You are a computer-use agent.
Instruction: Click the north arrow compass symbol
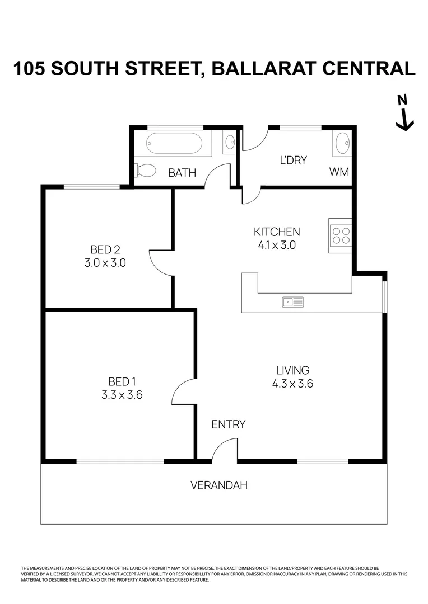404,114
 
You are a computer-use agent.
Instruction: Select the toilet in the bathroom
146,170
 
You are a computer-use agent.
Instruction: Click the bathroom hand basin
230,144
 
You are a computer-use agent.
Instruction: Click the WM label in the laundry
339,172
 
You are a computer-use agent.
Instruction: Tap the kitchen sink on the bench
293,302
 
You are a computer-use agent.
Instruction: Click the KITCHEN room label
277,232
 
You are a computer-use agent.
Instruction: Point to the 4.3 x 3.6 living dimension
292,384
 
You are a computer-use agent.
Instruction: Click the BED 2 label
105,249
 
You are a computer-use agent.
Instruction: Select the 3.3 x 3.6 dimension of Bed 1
122,395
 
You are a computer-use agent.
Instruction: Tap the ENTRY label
228,424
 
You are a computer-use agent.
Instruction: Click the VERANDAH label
219,485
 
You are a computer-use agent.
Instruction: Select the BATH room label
182,173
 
